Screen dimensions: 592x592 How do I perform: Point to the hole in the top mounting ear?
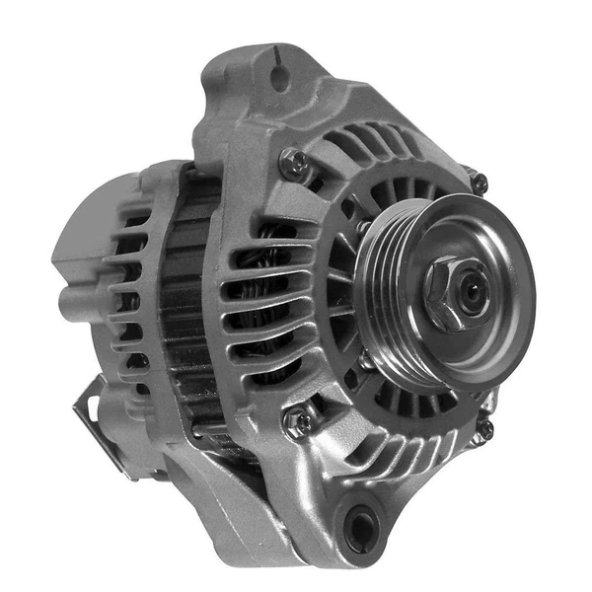point(282,77)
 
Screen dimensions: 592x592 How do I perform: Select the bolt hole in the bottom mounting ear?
point(362,529)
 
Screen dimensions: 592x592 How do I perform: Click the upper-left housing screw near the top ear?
point(291,162)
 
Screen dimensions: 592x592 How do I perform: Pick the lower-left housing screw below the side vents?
point(295,422)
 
